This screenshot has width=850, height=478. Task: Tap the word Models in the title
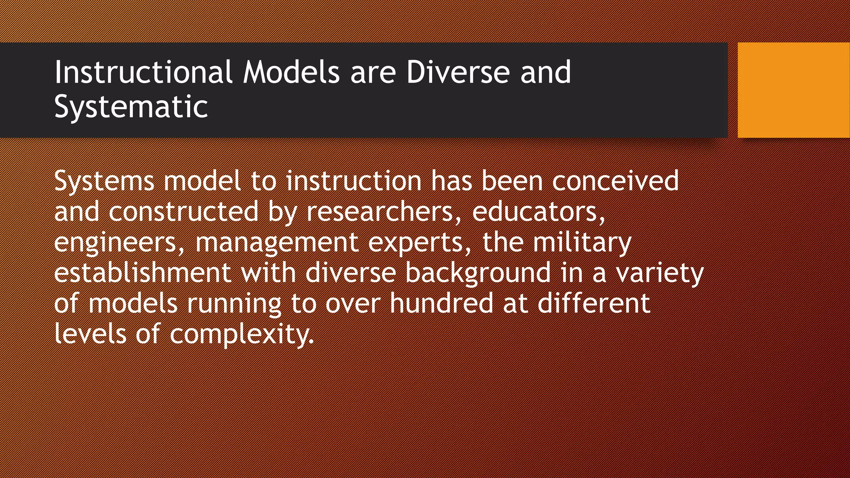tap(291, 72)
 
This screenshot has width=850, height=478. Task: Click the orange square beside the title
tap(793, 90)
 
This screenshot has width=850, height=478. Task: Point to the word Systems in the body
tap(104, 182)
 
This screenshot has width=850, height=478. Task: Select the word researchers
tap(379, 212)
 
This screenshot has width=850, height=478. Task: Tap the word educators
tap(538, 212)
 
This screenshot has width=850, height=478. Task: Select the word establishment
tap(142, 273)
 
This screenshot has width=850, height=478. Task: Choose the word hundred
tap(441, 303)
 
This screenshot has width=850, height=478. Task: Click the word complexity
tap(242, 334)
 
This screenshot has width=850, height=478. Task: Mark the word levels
tap(90, 334)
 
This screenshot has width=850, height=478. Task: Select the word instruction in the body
tap(354, 181)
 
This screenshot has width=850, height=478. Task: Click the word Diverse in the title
tap(457, 72)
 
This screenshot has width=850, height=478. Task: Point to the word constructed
tap(184, 212)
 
